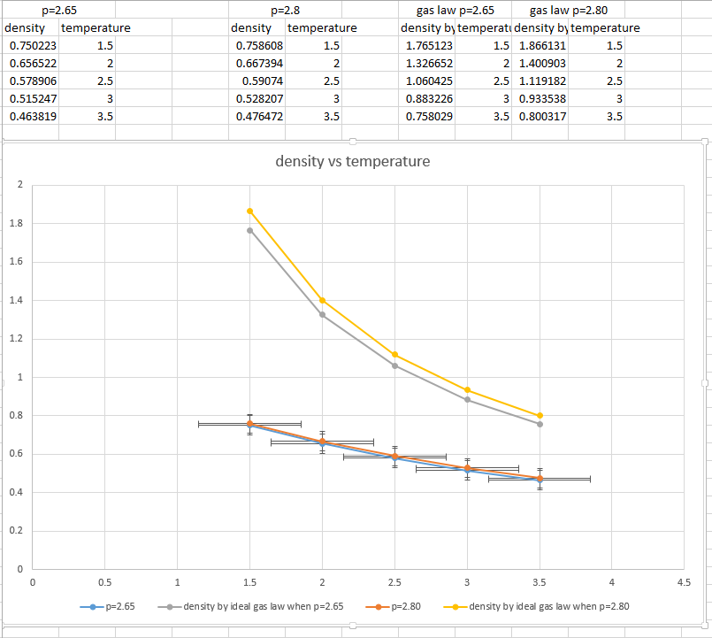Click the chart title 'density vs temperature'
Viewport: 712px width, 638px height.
tap(353, 161)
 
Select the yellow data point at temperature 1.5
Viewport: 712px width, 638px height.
tap(250, 211)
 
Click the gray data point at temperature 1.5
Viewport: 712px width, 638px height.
tap(250, 231)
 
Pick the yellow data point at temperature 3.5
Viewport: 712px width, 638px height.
tap(540, 416)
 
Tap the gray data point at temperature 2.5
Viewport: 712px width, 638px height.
tap(394, 365)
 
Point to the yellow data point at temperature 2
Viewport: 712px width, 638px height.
tap(322, 301)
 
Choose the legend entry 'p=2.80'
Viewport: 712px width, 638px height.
tap(393, 606)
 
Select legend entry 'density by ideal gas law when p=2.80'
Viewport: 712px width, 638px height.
tap(548, 606)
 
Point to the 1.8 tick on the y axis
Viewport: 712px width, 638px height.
tap(18, 223)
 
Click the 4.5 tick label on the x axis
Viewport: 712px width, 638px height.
tap(684, 582)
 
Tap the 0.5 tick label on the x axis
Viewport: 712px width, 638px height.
tap(104, 582)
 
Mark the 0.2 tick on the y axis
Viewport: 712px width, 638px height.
tap(18, 531)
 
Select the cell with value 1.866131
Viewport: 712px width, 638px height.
tap(540, 45)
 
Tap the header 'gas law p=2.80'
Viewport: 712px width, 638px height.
tap(568, 11)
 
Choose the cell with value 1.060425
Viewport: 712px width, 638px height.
tap(426, 81)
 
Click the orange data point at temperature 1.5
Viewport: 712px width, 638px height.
tap(250, 424)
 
